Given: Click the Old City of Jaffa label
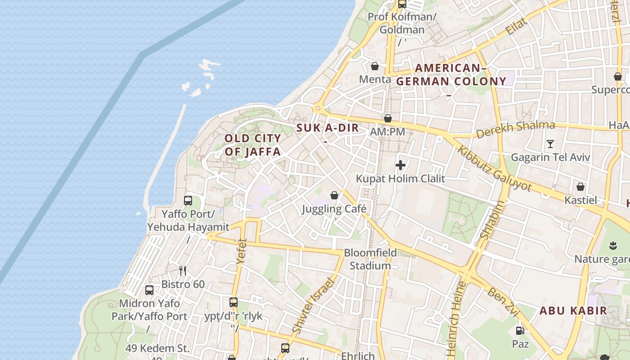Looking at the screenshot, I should (252, 145).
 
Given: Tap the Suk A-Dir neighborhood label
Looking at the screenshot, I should (328, 128).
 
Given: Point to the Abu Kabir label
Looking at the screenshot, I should (573, 310).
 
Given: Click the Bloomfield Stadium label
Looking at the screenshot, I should (370, 259).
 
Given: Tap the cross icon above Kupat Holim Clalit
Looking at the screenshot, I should (400, 165).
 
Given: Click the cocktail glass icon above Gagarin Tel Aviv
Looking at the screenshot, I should (550, 144).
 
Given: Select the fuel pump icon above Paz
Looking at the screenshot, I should (520, 331).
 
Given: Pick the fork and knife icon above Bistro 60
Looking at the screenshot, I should (183, 270).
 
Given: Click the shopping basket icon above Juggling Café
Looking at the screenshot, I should (334, 195).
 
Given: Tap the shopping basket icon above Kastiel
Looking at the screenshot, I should (580, 187).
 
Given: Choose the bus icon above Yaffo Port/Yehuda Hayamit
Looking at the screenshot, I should (188, 200).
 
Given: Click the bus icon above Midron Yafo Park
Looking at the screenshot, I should (149, 290).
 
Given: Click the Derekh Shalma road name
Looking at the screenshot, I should (515, 130).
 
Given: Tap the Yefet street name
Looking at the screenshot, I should (242, 251).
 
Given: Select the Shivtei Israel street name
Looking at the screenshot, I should (314, 306).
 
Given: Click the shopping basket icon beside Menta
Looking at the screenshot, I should (374, 67).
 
